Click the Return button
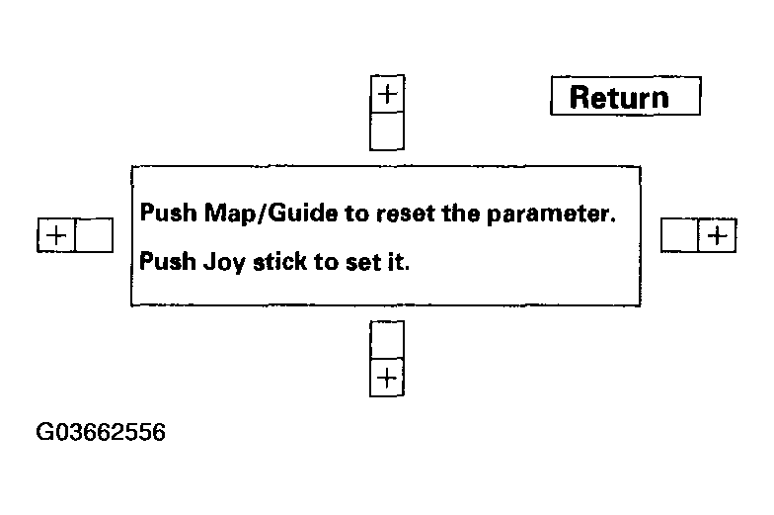pyautogui.click(x=626, y=96)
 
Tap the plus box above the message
pyautogui.click(x=387, y=94)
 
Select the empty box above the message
pyautogui.click(x=387, y=130)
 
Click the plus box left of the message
pyautogui.click(x=56, y=235)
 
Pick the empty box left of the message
pyautogui.click(x=94, y=235)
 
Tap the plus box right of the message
pyautogui.click(x=717, y=235)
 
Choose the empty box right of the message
pyautogui.click(x=679, y=235)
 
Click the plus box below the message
pyautogui.click(x=387, y=378)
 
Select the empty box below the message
pyautogui.click(x=387, y=340)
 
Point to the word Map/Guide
pyautogui.click(x=271, y=214)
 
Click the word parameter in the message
pyautogui.click(x=551, y=214)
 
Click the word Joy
pyautogui.click(x=224, y=262)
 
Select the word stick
pyautogui.click(x=279, y=261)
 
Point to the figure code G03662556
pyautogui.click(x=101, y=432)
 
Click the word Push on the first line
pyautogui.click(x=168, y=213)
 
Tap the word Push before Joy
pyautogui.click(x=168, y=261)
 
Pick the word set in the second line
pyautogui.click(x=363, y=262)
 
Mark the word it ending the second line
pyautogui.click(x=399, y=261)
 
